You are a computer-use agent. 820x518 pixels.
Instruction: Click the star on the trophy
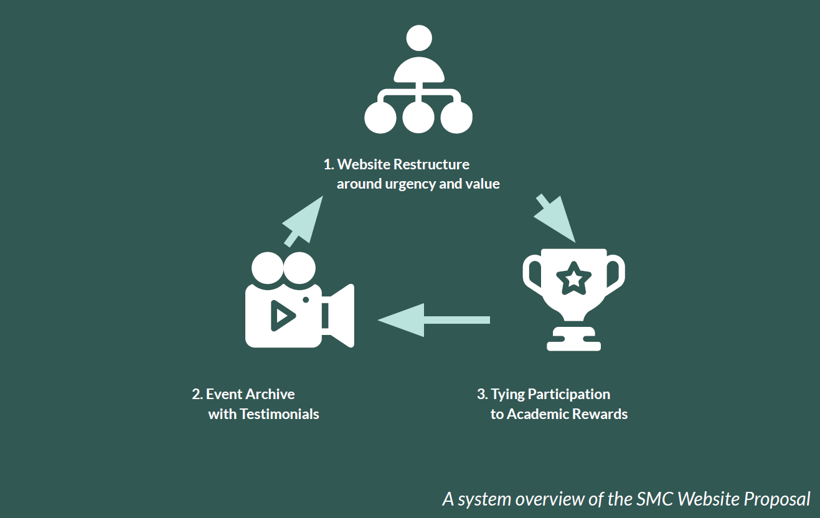point(573,278)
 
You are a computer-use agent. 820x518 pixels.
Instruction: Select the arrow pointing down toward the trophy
point(556,217)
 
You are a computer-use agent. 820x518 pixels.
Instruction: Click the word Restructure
point(431,164)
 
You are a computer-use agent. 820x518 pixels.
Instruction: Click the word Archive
point(270,394)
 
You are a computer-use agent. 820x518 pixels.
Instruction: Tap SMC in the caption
point(655,499)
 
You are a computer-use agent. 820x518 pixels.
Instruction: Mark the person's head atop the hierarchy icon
point(418,38)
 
